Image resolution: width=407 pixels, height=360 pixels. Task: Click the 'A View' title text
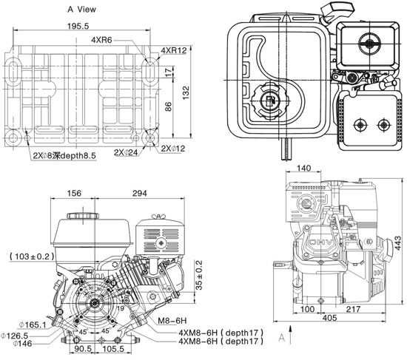[81, 10]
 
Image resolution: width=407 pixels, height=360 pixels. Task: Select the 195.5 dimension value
[78, 26]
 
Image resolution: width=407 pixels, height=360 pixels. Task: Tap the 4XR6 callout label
[101, 40]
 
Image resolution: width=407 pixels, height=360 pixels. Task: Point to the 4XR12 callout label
[174, 50]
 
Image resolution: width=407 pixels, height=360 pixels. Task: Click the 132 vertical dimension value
[186, 92]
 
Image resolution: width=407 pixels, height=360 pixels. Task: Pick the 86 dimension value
[168, 106]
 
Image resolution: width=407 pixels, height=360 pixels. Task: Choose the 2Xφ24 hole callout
[126, 152]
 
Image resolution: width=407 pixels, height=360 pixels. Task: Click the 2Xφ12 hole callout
[173, 149]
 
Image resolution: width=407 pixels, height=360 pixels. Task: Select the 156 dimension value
[74, 193]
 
